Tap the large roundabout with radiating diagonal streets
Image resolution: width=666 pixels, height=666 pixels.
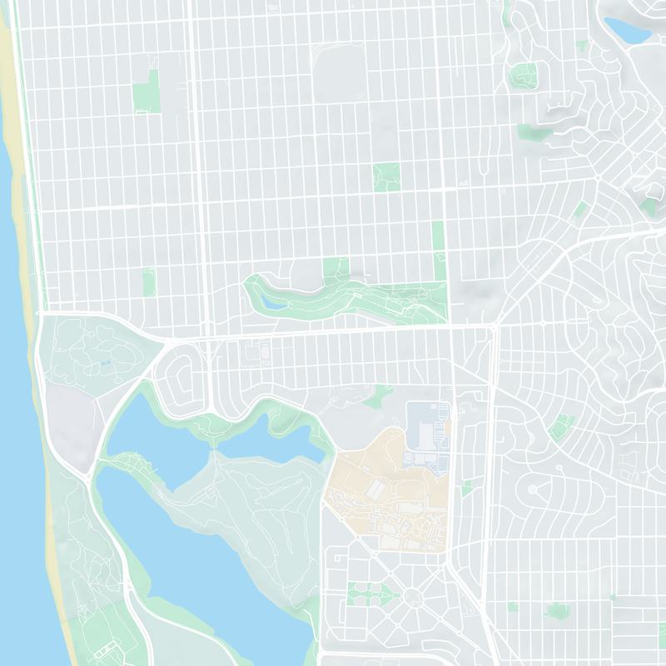[413, 596]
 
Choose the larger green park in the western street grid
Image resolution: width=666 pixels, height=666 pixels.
[147, 92]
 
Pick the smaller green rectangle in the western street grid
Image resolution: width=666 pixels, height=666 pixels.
[149, 281]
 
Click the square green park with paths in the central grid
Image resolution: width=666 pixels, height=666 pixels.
[386, 176]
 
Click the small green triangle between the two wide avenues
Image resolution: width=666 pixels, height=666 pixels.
[467, 488]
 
